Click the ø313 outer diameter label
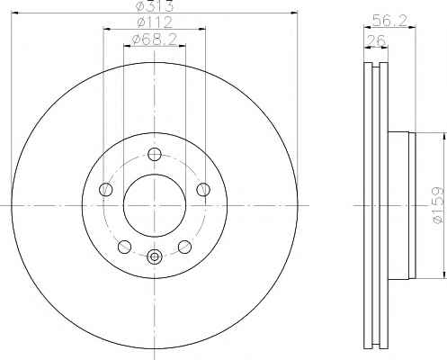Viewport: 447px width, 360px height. (x=155, y=5)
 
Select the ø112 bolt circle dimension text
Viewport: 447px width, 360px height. (x=155, y=22)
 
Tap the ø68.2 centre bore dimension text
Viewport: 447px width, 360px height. (x=155, y=40)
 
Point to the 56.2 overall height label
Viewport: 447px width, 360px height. (x=389, y=21)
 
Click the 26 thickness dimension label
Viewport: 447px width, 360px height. (x=376, y=40)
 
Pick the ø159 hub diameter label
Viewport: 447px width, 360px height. (x=438, y=205)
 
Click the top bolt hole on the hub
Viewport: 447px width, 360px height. (x=155, y=155)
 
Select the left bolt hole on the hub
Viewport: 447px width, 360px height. (x=105, y=190)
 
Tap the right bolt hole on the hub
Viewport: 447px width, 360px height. (x=203, y=190)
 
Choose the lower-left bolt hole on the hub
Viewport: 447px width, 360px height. (x=125, y=247)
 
